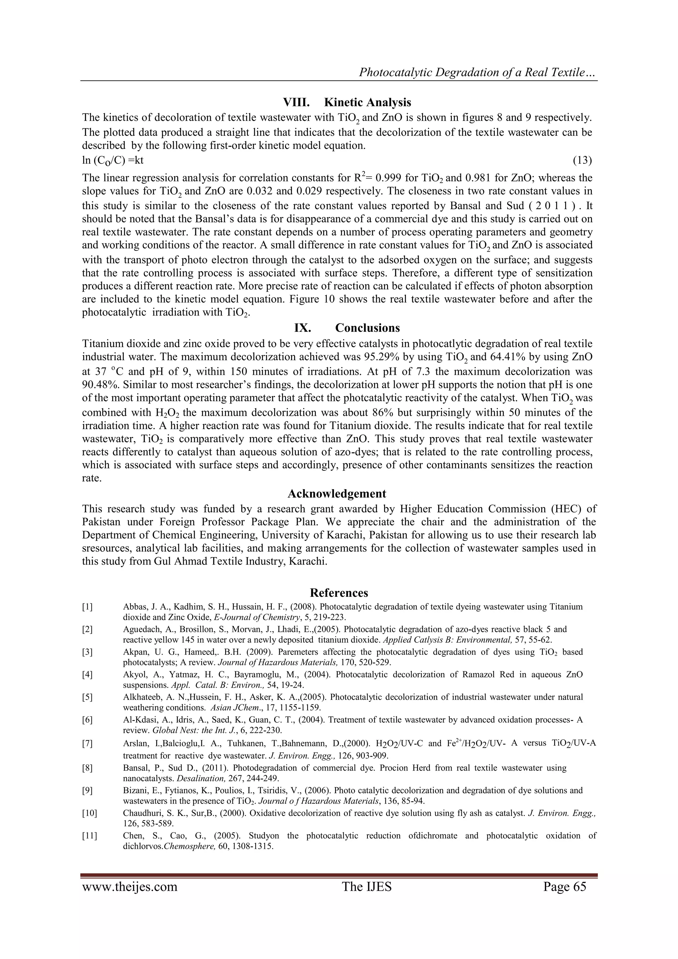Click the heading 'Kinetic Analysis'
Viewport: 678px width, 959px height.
point(367,102)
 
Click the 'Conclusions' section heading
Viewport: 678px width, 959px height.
point(367,327)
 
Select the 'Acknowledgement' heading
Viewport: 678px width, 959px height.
point(337,494)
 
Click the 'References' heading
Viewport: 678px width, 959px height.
point(339,593)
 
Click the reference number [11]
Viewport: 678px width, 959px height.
point(89,836)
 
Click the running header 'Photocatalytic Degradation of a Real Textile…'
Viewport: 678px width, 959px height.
point(478,73)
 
